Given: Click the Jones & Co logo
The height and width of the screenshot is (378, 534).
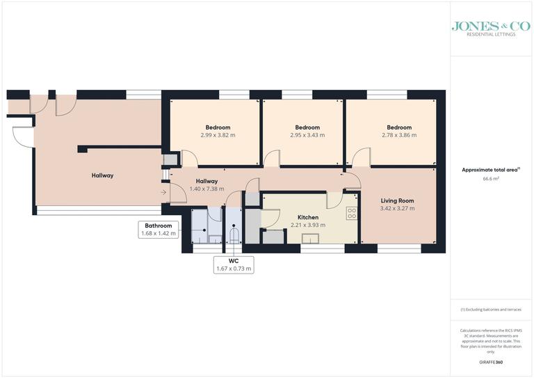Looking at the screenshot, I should coord(491,26).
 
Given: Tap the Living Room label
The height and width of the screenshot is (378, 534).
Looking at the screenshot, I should coord(397,200).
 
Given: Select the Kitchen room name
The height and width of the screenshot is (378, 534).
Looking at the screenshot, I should coord(308,217).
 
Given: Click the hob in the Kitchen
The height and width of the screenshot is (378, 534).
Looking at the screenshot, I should coord(352,213).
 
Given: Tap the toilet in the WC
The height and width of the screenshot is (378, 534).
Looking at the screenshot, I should coord(234,236).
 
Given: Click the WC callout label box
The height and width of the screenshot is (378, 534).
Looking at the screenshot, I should coord(233,265).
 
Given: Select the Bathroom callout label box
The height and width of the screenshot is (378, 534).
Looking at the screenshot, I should coord(159,230).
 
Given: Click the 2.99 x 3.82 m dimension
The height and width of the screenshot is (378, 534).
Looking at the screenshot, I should coord(218,135).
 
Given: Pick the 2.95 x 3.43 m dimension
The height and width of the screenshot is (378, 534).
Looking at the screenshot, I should coord(307,135).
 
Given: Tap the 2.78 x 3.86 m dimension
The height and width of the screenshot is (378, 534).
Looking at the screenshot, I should coord(399,135).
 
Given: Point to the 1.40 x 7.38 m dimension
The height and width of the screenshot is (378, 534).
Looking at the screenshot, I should coord(207,189).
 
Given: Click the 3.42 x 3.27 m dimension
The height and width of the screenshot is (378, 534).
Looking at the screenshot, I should coord(397,208).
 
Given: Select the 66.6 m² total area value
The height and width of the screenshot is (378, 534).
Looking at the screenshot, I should coord(491,178).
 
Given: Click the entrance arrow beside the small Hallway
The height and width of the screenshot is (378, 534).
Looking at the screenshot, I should coord(163,191).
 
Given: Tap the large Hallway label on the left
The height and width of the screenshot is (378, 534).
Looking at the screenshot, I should coord(102,175).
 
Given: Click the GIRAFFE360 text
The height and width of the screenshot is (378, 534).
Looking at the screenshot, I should coord(491,363).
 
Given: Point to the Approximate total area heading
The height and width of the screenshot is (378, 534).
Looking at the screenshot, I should coord(489,170).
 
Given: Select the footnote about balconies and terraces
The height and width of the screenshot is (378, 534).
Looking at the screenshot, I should coord(491,309).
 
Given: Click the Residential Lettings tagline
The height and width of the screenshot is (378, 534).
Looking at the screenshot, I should coord(491,34).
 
